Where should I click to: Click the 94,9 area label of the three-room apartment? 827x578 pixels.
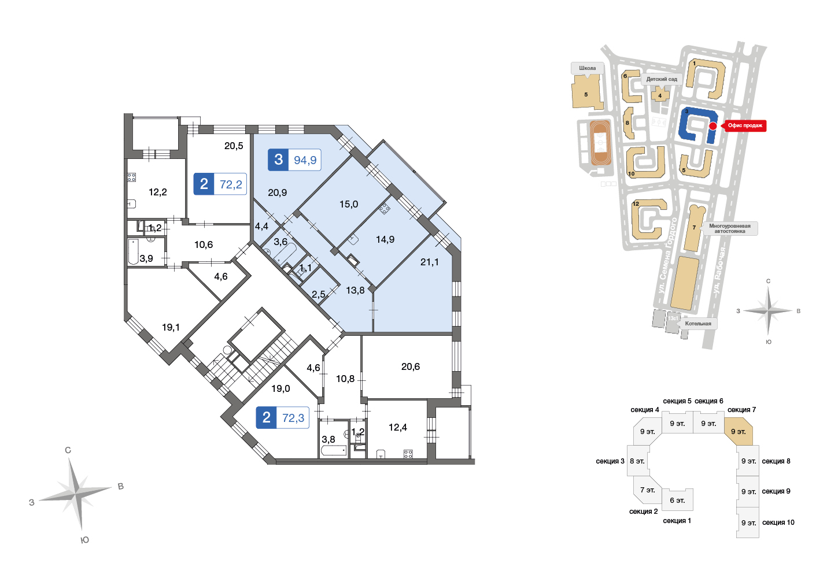tap(305, 160)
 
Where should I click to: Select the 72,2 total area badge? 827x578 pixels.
tap(220, 184)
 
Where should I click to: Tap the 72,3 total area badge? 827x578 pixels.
tap(282, 417)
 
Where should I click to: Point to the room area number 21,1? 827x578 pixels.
tap(429, 262)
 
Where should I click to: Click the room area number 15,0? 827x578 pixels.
tap(349, 204)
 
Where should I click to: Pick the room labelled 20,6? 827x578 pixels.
tap(411, 366)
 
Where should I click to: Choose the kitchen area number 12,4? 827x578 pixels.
tap(398, 427)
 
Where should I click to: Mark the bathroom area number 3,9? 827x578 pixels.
tap(146, 258)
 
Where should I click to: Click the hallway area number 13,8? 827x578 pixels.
tap(355, 291)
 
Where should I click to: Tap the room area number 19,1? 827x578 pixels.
tap(171, 327)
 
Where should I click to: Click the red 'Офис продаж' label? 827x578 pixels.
tap(745, 125)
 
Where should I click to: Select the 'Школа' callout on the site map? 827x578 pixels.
tap(587, 68)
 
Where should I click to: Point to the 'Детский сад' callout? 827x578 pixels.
tap(662, 79)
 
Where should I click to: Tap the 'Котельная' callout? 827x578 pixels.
tap(698, 324)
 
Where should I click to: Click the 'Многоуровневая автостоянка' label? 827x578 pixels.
tap(729, 228)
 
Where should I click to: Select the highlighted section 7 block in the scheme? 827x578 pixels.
tap(738, 431)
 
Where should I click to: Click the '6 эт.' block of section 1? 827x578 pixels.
tap(677, 501)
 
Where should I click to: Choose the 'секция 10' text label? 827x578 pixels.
tap(778, 523)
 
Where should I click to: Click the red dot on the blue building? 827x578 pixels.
tap(713, 126)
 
